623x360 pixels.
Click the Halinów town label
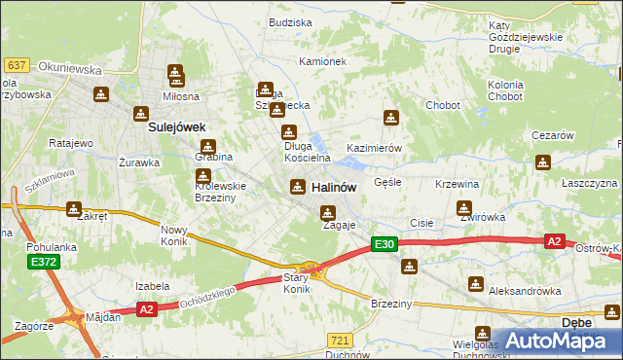click(x=333, y=187)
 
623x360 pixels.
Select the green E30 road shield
click(x=385, y=246)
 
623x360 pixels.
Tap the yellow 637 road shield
click(x=16, y=64)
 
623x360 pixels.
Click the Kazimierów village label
click(x=375, y=148)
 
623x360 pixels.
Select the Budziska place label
click(x=290, y=21)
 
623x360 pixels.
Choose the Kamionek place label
click(x=322, y=61)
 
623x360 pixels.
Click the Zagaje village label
click(x=339, y=225)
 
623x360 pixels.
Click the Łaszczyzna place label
click(x=589, y=183)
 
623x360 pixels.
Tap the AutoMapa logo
click(x=554, y=341)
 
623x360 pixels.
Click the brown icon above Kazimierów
click(x=390, y=119)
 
